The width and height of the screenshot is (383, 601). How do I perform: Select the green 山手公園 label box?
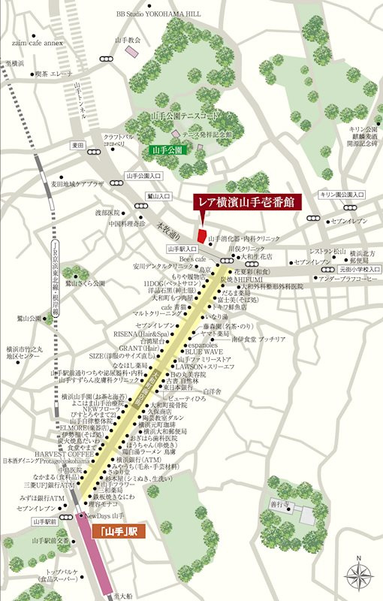(167, 149)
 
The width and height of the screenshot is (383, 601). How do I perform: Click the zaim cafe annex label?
(38, 44)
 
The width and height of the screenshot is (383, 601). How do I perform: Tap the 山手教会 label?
(128, 39)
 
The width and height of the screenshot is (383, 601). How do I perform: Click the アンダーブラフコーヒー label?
(348, 279)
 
